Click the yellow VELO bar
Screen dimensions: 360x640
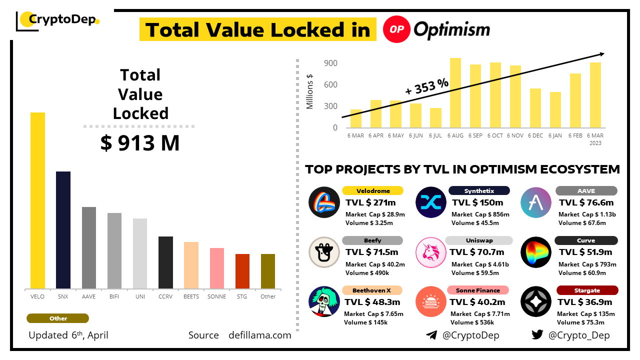37,200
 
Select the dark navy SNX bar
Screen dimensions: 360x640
63,230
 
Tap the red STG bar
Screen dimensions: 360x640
242,271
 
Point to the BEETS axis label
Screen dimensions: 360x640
191,296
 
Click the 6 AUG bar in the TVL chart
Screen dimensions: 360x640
455,93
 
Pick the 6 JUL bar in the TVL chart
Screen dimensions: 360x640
435,118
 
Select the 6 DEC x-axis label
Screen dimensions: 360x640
535,135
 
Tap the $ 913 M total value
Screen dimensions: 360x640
140,143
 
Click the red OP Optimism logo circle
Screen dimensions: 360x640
396,29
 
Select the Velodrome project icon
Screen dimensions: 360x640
324,202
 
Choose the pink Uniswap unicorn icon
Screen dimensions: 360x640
431,252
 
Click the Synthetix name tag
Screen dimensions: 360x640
479,190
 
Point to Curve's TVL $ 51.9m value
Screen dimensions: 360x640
585,252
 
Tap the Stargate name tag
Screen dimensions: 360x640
587,290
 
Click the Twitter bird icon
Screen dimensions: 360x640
537,335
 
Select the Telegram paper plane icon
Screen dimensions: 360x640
431,335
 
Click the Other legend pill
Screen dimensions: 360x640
58,318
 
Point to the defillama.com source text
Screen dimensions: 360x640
259,335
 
